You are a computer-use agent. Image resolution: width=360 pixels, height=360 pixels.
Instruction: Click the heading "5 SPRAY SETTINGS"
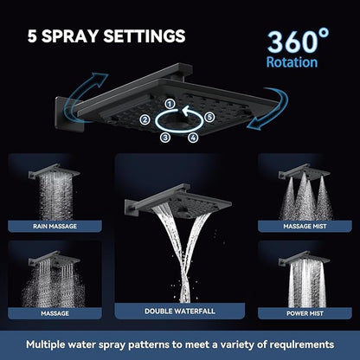(105, 36)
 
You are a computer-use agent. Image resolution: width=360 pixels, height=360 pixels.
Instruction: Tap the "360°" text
(299, 42)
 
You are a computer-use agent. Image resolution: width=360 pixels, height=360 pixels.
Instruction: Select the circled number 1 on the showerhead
(170, 105)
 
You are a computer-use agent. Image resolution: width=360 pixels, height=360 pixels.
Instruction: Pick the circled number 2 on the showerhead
(145, 120)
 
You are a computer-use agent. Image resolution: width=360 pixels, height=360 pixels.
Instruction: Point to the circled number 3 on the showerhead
(164, 136)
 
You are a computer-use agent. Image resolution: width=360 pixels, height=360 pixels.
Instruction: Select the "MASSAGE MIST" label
(305, 226)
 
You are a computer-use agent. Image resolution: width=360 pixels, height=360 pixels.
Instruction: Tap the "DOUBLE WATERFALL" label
(179, 308)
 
